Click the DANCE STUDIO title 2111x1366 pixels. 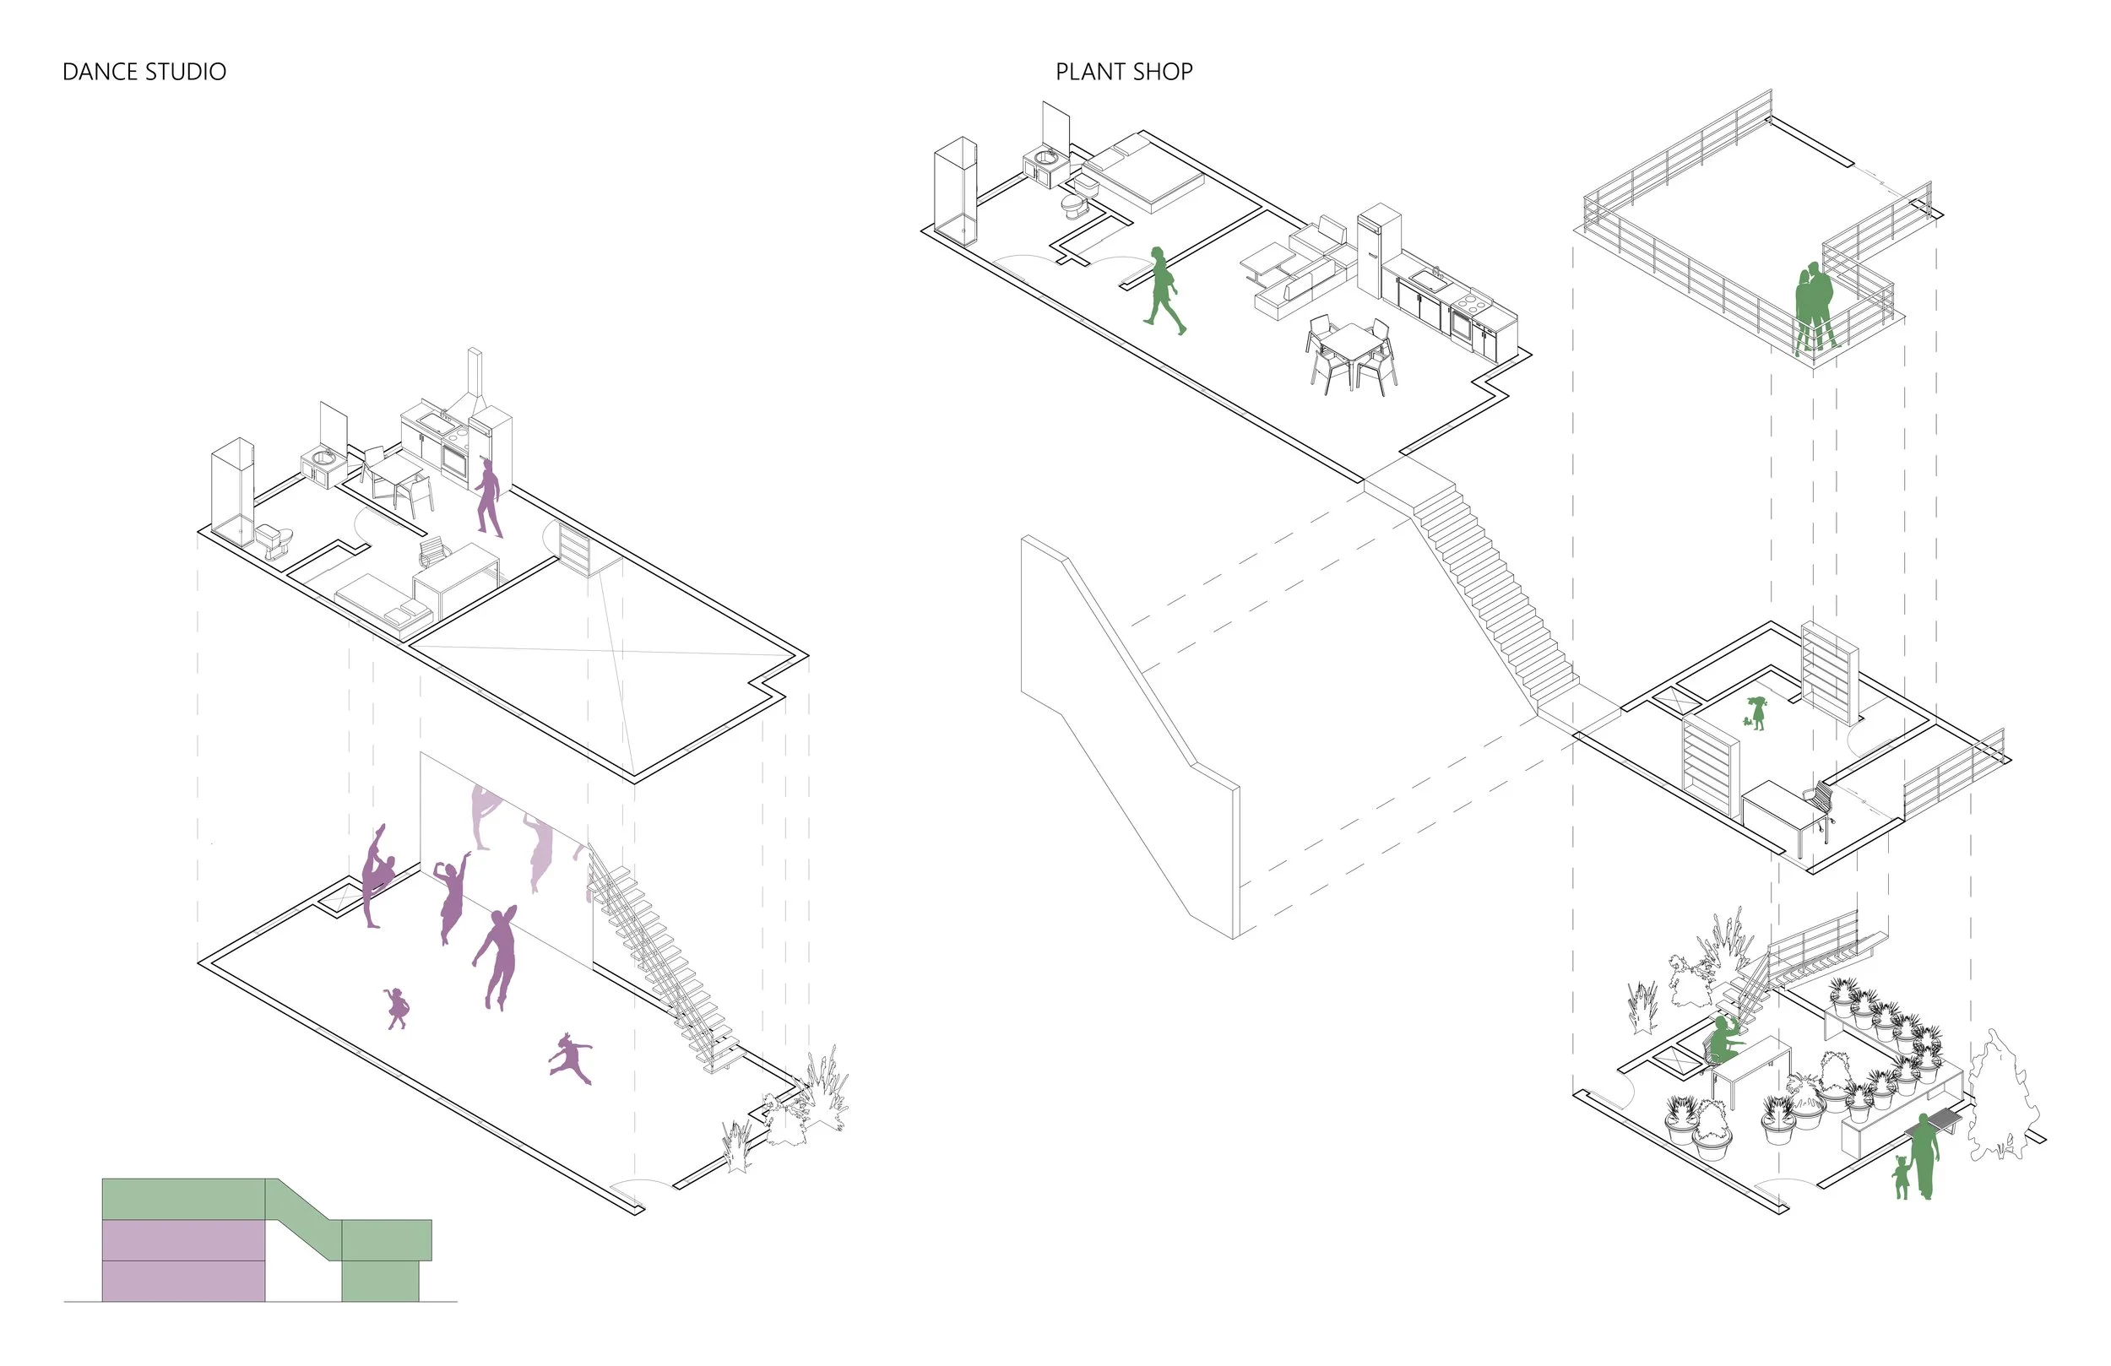[x=144, y=72]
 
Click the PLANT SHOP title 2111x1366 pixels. [x=1123, y=72]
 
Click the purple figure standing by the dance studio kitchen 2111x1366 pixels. [x=489, y=496]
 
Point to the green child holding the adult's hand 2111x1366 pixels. [x=1901, y=1176]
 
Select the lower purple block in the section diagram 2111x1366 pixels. [x=182, y=1281]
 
